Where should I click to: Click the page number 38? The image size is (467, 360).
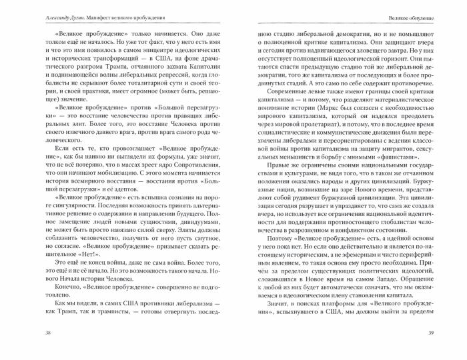pyautogui.click(x=28, y=351)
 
